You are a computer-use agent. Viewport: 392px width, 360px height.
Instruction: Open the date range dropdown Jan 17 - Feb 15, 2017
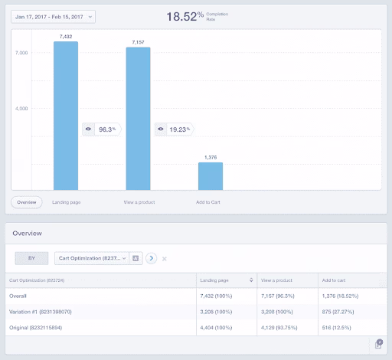pyautogui.click(x=54, y=16)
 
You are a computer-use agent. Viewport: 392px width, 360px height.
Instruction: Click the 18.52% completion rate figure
pyautogui.click(x=186, y=16)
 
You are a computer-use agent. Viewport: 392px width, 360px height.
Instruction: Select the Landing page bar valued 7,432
pyautogui.click(x=66, y=115)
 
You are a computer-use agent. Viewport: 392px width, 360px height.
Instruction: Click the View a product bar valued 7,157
pyautogui.click(x=138, y=118)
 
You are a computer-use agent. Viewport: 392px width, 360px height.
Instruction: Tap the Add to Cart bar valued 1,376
pyautogui.click(x=211, y=175)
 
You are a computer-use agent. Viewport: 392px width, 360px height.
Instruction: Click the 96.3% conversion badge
pyautogui.click(x=101, y=129)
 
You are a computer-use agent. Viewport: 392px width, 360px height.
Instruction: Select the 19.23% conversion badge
pyautogui.click(x=174, y=129)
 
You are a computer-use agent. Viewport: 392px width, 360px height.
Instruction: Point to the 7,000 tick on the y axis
pyautogui.click(x=21, y=53)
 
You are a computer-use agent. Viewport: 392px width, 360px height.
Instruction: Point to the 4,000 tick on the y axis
pyautogui.click(x=21, y=109)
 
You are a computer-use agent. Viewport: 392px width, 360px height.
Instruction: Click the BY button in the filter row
pyautogui.click(x=31, y=258)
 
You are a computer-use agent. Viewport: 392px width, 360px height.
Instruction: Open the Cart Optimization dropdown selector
pyautogui.click(x=91, y=258)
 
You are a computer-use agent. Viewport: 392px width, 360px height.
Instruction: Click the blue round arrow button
pyautogui.click(x=151, y=258)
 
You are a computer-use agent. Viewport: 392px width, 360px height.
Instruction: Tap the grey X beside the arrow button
pyautogui.click(x=165, y=259)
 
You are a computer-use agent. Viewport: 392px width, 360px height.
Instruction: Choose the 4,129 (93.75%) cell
pyautogui.click(x=283, y=328)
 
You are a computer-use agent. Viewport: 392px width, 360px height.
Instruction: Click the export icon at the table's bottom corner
pyautogui.click(x=379, y=345)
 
